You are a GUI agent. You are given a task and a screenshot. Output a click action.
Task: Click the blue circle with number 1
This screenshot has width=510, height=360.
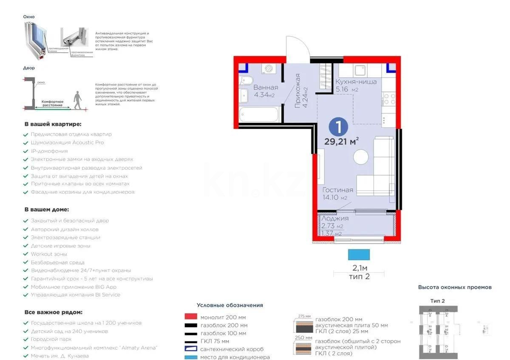(x=338, y=127)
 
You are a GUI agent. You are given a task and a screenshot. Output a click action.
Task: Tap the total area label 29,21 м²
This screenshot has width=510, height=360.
(x=341, y=142)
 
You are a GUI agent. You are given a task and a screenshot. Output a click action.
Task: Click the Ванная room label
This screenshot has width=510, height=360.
(x=266, y=88)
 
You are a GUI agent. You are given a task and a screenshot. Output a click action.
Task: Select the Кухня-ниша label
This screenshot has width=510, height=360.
(x=356, y=82)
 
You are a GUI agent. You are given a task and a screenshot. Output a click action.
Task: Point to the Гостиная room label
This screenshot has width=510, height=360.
(x=337, y=190)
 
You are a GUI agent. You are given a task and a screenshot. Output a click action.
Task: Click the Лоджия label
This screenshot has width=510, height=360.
(x=335, y=218)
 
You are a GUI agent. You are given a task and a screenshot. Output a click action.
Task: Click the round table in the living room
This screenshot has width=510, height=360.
(x=361, y=157)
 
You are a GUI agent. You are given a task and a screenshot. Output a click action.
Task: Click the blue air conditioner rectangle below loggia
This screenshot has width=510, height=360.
(x=359, y=255)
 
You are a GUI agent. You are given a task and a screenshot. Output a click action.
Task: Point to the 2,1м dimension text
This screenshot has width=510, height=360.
(x=360, y=268)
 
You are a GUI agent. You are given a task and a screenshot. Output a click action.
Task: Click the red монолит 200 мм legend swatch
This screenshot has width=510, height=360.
(x=191, y=317)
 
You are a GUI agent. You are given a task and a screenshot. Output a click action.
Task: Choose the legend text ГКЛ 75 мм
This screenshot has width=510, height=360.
(x=214, y=341)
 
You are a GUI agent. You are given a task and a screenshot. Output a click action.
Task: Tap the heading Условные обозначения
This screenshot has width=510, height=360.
(x=230, y=305)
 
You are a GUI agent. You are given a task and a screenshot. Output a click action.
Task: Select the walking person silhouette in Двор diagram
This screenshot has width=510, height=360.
(x=78, y=100)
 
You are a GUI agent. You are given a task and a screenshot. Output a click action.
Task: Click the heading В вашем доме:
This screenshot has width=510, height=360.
(x=46, y=210)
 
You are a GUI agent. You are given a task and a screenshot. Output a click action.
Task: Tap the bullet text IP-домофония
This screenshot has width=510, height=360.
(x=49, y=151)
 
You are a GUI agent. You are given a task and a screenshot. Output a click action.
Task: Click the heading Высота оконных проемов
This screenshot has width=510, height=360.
(x=454, y=287)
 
